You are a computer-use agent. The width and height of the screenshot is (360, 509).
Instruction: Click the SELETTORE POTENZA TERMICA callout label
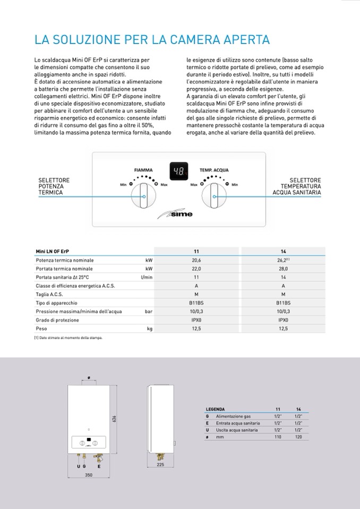[x=54, y=186]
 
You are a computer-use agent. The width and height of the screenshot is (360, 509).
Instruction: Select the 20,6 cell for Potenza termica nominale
[x=196, y=260]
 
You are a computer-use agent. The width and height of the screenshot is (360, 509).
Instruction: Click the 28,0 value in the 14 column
[x=283, y=269]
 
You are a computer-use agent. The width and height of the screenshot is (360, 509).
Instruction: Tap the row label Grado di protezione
[x=57, y=320]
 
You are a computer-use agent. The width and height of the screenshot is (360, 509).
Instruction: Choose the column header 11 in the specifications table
[x=196, y=251]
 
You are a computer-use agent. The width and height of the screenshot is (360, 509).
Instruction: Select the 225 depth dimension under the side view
[x=160, y=464]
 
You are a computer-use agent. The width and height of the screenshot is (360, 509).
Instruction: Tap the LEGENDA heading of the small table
[x=216, y=409]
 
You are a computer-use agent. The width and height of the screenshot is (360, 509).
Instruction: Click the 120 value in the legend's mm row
[x=298, y=436]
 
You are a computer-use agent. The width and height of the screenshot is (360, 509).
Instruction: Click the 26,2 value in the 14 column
[x=282, y=260]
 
